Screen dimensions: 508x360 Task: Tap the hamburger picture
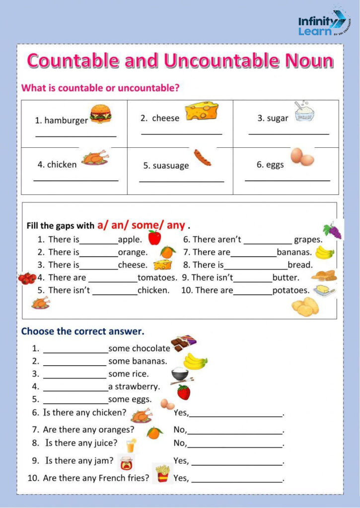click(x=100, y=114)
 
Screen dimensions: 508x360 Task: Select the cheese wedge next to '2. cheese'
click(x=202, y=112)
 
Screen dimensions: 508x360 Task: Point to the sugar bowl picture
click(x=305, y=112)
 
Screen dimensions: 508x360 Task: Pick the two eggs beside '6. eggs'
click(x=302, y=157)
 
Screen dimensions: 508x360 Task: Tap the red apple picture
click(x=154, y=238)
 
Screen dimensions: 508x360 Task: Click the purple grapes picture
click(x=332, y=231)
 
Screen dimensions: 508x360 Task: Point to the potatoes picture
click(x=305, y=307)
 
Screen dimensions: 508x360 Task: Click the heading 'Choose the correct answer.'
click(x=82, y=331)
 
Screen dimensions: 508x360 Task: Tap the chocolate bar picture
click(x=183, y=343)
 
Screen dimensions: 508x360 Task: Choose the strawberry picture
click(x=184, y=392)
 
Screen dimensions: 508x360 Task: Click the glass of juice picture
click(x=131, y=445)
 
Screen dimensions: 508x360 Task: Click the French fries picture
click(x=162, y=474)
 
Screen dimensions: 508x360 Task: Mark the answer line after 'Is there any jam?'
click(x=237, y=465)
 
